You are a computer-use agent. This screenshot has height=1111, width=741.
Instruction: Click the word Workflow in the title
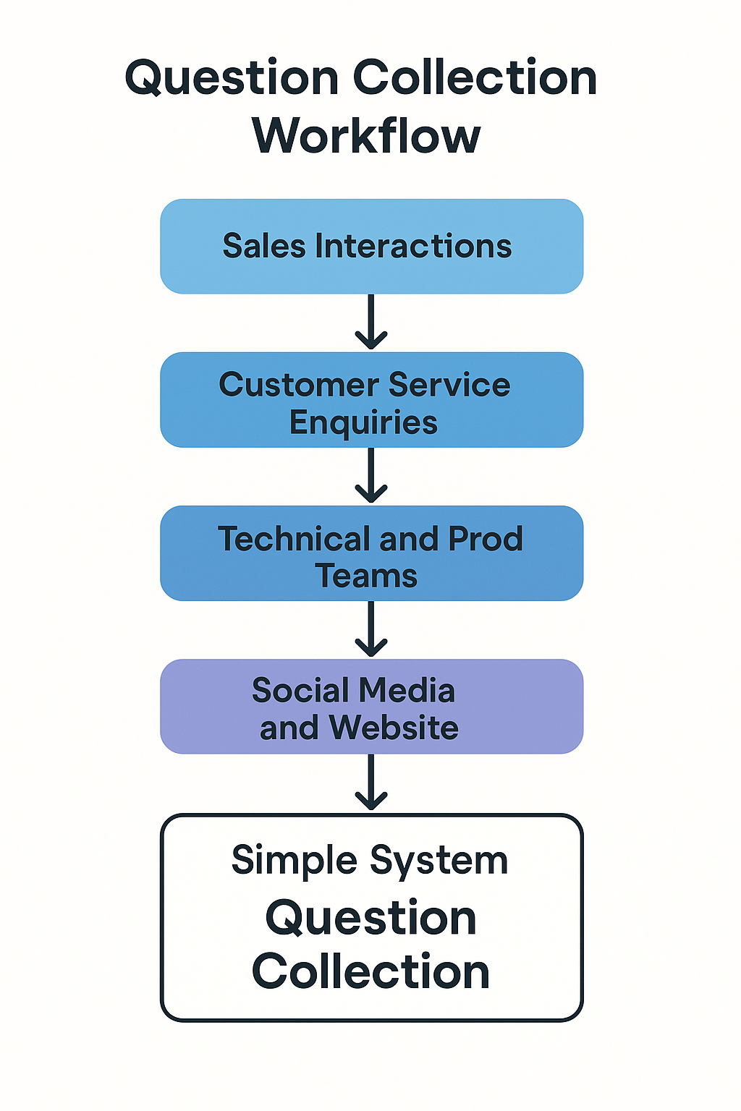pos(366,136)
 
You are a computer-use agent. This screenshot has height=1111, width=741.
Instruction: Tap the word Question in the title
pos(232,77)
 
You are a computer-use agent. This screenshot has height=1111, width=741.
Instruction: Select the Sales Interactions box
pos(371,247)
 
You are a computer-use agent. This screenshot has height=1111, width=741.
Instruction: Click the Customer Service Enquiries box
pos(371,400)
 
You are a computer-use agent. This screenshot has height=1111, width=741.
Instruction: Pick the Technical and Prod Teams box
pos(371,553)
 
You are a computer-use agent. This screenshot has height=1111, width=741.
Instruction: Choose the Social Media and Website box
pos(371,707)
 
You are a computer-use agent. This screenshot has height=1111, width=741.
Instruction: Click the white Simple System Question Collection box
pos(371,917)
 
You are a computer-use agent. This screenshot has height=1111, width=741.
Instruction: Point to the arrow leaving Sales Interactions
pos(371,323)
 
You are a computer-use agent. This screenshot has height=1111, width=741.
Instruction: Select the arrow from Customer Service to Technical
pos(371,476)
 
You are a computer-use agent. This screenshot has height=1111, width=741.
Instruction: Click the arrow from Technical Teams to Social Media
pos(371,629)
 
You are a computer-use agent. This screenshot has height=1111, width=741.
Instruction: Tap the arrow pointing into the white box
pos(371,783)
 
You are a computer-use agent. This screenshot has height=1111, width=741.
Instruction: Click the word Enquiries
pos(363,423)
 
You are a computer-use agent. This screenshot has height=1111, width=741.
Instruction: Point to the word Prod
pos(485,539)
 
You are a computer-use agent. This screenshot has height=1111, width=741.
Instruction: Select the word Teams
pos(367,576)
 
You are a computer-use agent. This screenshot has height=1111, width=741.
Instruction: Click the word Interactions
pos(413,247)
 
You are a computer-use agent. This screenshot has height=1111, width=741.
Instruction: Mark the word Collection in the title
pos(475,77)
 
